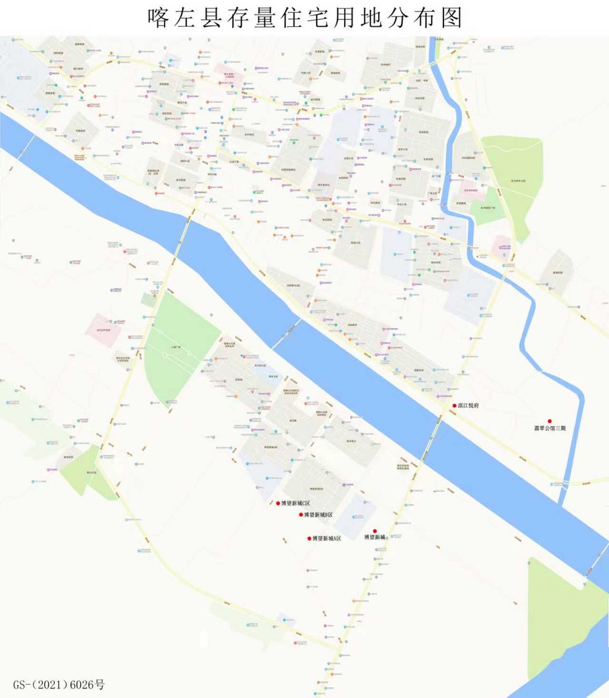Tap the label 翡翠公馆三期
pyautogui.click(x=550, y=429)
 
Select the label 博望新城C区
pyautogui.click(x=295, y=504)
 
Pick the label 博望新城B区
pyautogui.click(x=319, y=515)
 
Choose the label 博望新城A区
pyautogui.click(x=326, y=539)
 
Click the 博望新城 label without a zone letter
pyautogui.click(x=375, y=538)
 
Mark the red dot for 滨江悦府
pyautogui.click(x=454, y=406)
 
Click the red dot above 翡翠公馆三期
pyautogui.click(x=550, y=421)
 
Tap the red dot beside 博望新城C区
pyautogui.click(x=278, y=504)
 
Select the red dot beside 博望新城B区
pyautogui.click(x=301, y=515)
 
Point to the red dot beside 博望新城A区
pyautogui.click(x=309, y=539)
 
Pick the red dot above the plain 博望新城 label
pyautogui.click(x=375, y=531)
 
